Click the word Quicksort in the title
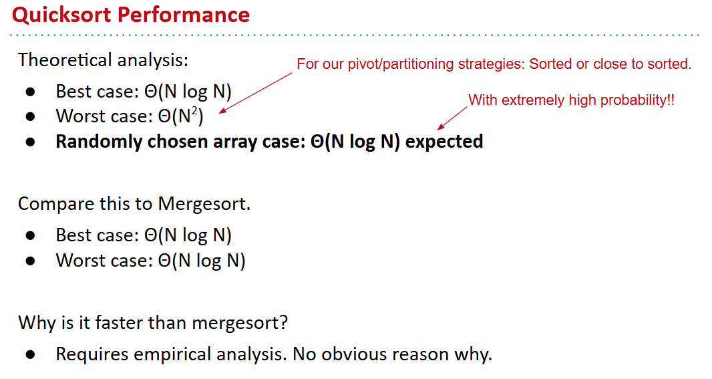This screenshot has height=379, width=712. [x=61, y=15]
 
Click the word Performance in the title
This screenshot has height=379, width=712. [x=184, y=14]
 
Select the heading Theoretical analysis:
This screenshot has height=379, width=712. [x=103, y=60]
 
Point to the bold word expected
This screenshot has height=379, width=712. [x=444, y=142]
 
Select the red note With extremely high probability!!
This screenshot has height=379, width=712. [x=571, y=100]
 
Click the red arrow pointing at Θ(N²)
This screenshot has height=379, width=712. [x=256, y=93]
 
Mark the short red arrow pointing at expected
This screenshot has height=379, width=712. [x=452, y=118]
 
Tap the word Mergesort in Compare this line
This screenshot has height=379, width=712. [x=204, y=204]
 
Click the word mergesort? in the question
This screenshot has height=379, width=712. [x=240, y=323]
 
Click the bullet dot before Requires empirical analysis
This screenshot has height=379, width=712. [x=31, y=354]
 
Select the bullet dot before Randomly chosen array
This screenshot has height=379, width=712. [x=31, y=142]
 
